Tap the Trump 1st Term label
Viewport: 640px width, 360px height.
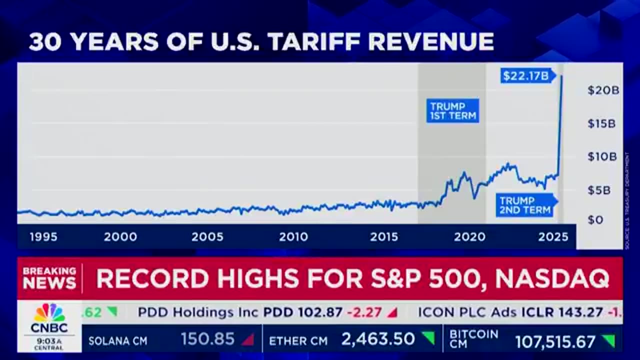(452, 110)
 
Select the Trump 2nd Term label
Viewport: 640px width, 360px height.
(525, 205)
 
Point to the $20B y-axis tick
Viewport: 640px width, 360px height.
(603, 90)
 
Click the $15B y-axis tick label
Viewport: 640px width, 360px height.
(601, 123)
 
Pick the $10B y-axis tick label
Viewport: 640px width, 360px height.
(602, 157)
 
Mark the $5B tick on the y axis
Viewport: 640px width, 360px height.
(599, 190)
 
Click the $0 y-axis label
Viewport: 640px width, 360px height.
(595, 219)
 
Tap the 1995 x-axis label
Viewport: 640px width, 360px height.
(43, 237)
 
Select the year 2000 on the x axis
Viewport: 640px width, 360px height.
(120, 237)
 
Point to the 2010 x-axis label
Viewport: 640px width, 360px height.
(293, 237)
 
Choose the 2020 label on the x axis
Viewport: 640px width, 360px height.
(469, 237)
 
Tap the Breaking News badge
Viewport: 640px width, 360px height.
(49, 278)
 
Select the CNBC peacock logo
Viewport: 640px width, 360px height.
(49, 313)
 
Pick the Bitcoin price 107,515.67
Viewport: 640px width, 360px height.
(555, 342)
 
